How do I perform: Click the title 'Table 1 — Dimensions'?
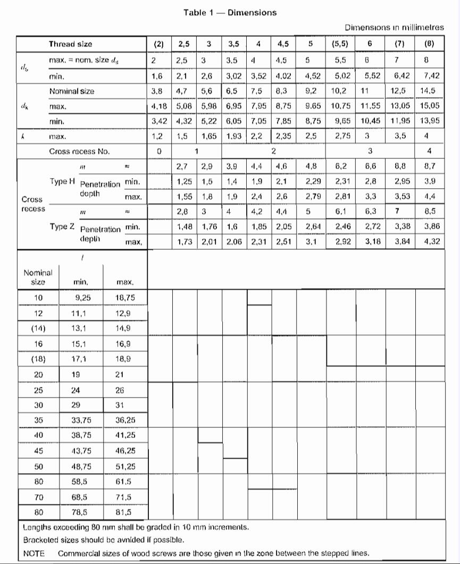230,12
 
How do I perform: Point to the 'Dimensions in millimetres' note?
394,27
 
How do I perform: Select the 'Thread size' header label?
70,44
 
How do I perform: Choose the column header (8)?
430,44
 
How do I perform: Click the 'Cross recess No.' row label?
79,151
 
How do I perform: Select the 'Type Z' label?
62,226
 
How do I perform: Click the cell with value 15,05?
430,106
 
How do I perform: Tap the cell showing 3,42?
153,121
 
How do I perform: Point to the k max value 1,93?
233,136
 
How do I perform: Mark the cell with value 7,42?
430,76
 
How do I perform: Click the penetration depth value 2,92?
341,242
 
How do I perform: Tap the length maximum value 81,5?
123,513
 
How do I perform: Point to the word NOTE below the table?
34,552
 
